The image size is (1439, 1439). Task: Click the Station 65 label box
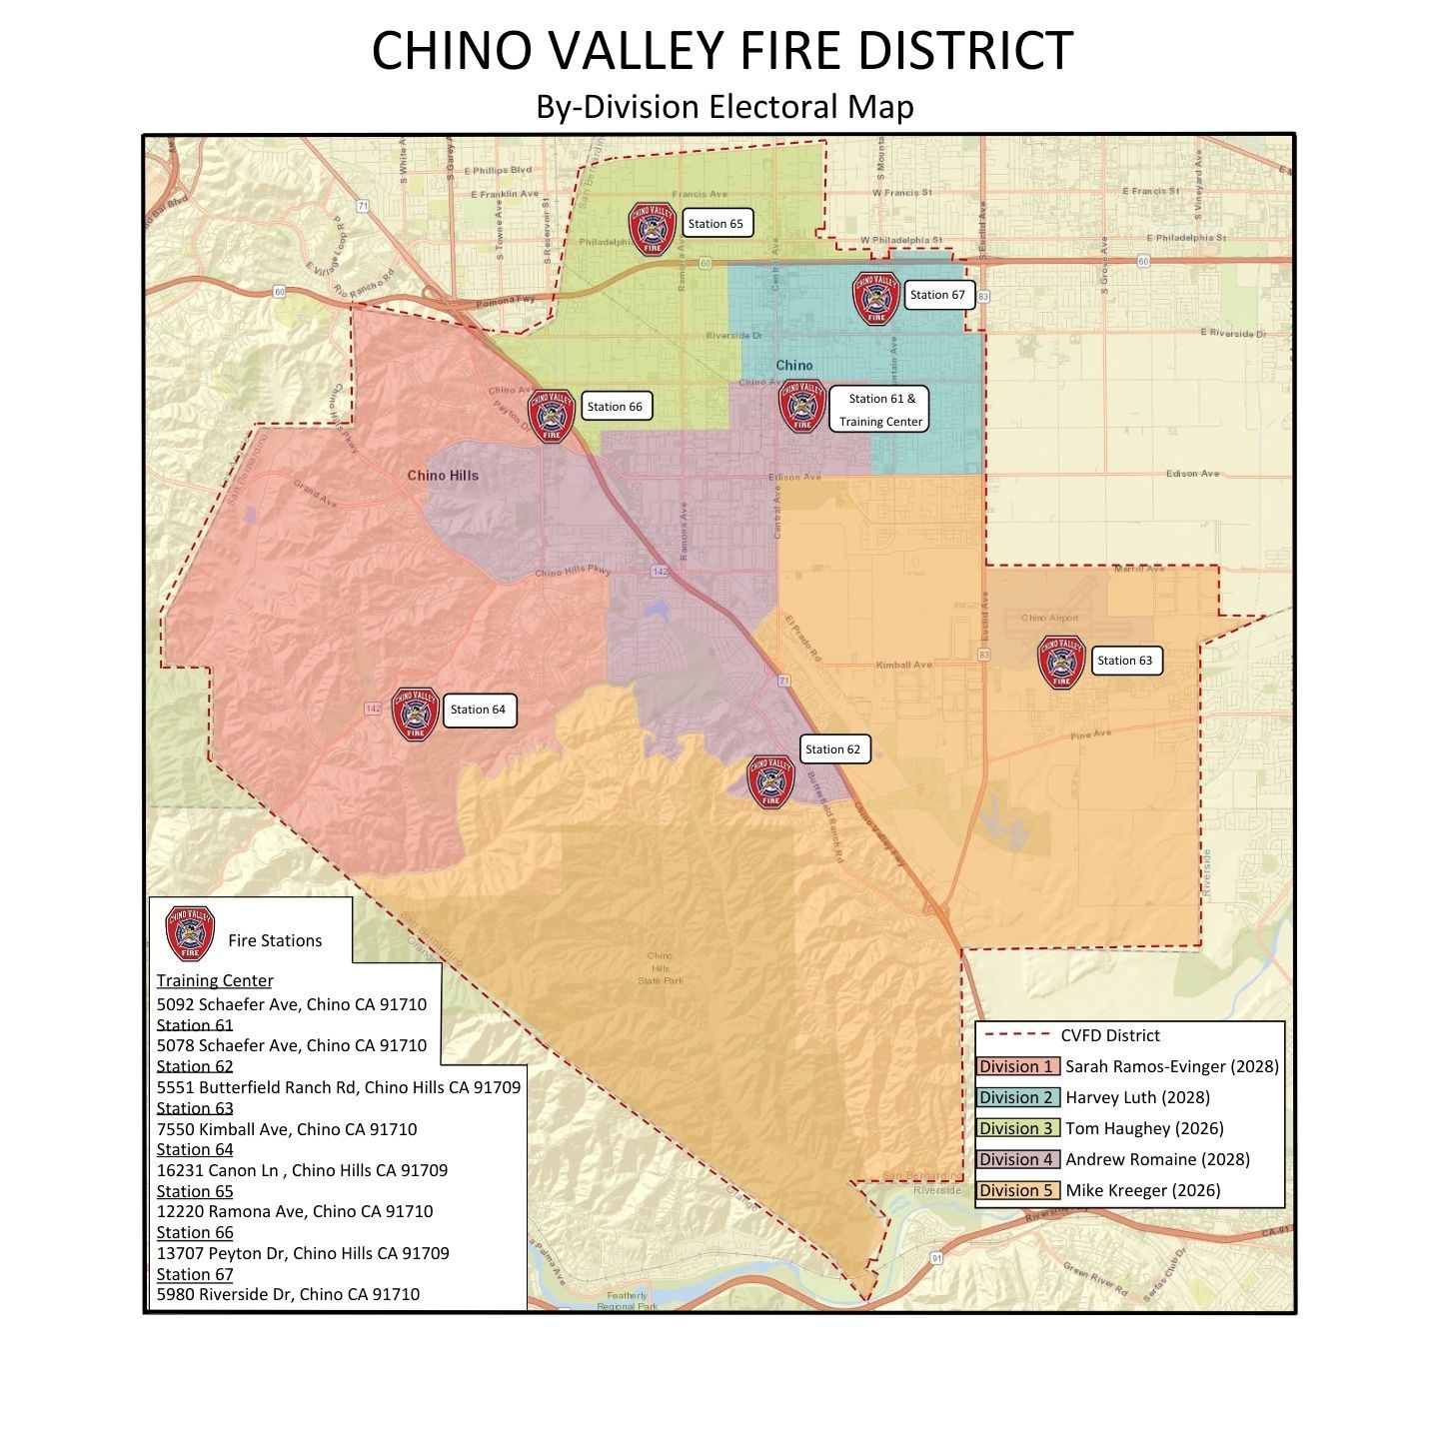(x=716, y=223)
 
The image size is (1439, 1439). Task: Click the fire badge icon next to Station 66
(x=551, y=417)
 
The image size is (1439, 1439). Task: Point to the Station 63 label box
(x=1125, y=661)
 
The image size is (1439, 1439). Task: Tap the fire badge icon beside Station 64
(x=415, y=714)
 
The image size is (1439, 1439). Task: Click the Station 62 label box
(x=832, y=749)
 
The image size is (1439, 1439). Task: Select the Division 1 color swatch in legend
(x=1017, y=1066)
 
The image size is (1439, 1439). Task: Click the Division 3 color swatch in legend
(x=1017, y=1128)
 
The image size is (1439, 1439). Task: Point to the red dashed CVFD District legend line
(x=1015, y=1035)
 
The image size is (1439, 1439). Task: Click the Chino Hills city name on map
(x=443, y=476)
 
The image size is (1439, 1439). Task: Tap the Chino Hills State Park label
(x=661, y=968)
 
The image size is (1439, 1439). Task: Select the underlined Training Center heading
(x=214, y=981)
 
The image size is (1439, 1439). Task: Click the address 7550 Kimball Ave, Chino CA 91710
(x=287, y=1129)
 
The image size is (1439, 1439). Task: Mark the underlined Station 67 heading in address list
(x=195, y=1274)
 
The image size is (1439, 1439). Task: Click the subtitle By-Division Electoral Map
(x=724, y=106)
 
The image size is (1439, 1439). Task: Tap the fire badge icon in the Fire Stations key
(x=190, y=933)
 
